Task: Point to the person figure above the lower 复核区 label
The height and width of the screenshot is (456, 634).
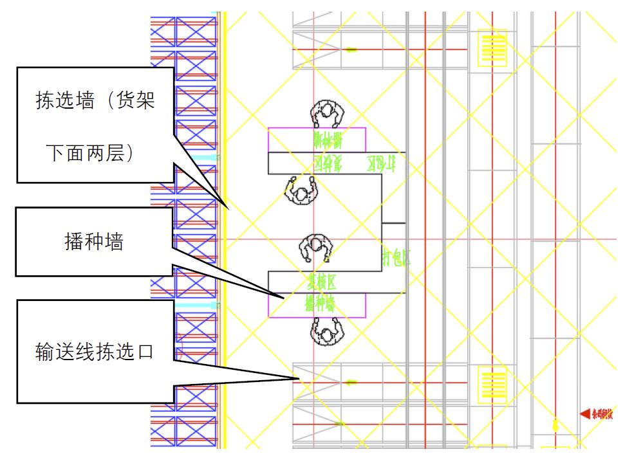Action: [x=317, y=247]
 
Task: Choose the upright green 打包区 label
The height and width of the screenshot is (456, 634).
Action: [x=396, y=257]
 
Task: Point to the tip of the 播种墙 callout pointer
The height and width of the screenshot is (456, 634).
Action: [x=283, y=298]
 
